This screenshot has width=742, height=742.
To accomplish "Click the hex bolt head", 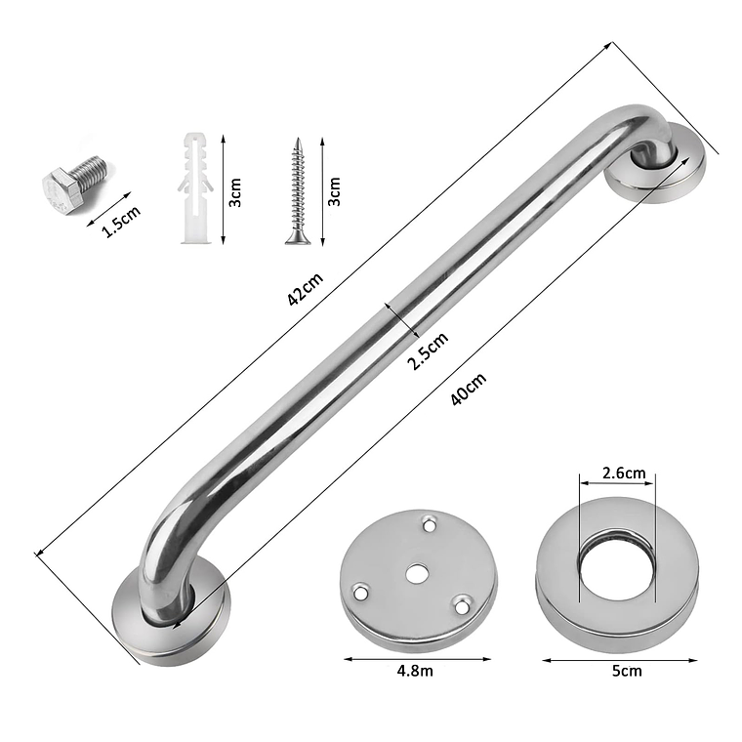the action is tap(62, 191).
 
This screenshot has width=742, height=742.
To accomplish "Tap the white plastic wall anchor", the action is tap(195, 188).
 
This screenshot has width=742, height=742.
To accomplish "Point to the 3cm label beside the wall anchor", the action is tap(235, 192).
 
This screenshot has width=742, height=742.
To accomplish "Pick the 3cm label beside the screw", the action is tap(334, 191).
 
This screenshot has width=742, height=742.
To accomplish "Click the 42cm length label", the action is tap(306, 289).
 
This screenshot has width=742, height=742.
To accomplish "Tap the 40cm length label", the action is tap(468, 389).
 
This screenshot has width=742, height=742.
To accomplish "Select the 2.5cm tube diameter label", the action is tap(428, 350).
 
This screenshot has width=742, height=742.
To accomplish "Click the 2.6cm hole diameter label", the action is tap(624, 473).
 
